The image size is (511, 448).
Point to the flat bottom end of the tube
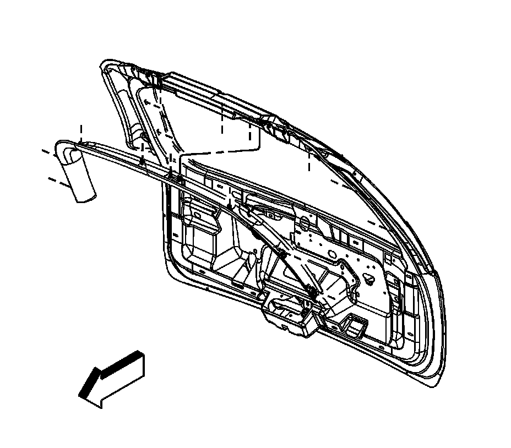[86, 198]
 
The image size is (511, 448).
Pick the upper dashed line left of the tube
[48, 149]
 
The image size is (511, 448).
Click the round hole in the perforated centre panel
[331, 254]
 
